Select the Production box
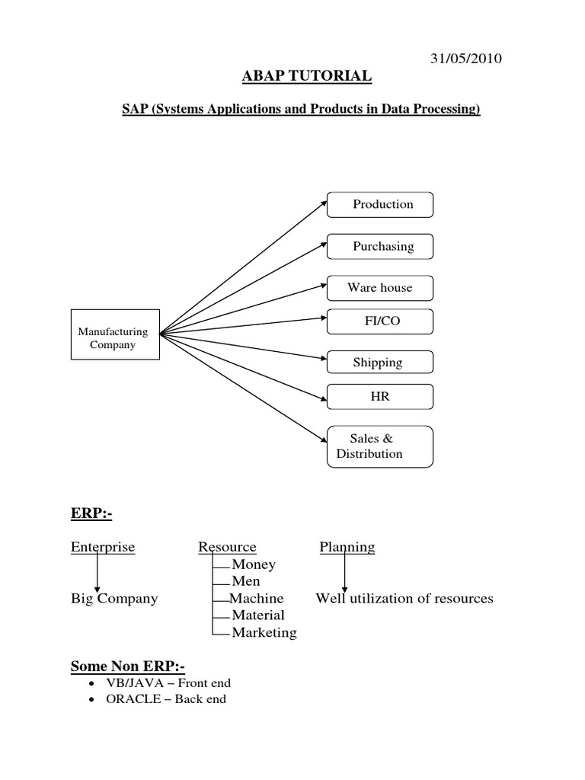click(380, 204)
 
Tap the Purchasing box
click(380, 246)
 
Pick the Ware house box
click(380, 287)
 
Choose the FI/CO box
click(380, 321)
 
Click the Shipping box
click(380, 363)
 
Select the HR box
click(380, 397)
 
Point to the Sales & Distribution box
click(380, 446)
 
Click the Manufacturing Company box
click(115, 334)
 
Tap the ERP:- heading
click(91, 516)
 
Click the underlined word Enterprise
click(103, 547)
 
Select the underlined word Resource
click(227, 547)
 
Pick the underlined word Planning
click(347, 547)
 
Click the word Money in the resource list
click(254, 564)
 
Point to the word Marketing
click(264, 632)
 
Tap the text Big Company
click(114, 598)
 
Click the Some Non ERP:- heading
click(128, 667)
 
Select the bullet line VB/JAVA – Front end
click(170, 683)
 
